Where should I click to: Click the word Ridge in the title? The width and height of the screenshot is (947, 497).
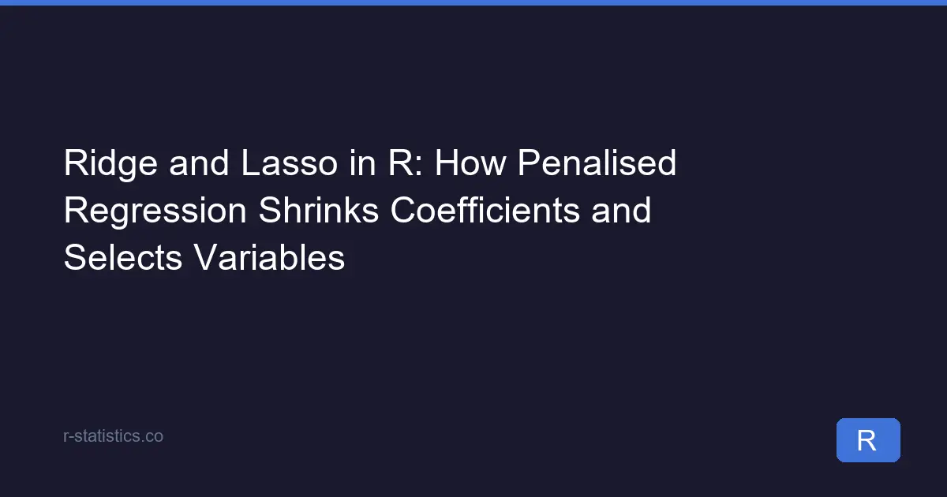(110, 164)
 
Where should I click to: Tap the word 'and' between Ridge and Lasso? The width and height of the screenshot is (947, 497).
(199, 163)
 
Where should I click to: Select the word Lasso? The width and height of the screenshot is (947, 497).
(290, 163)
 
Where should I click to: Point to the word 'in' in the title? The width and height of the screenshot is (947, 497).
(363, 163)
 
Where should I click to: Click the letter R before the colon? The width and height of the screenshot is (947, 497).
(400, 163)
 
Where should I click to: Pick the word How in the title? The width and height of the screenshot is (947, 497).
(470, 163)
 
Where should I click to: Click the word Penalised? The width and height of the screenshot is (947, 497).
(597, 163)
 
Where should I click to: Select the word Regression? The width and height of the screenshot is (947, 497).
(155, 211)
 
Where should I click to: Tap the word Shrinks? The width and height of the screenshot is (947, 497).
(318, 210)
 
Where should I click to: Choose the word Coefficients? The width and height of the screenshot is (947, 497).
(485, 210)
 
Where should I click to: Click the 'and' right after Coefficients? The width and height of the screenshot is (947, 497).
(621, 210)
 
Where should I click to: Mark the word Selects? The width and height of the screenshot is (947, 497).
(123, 257)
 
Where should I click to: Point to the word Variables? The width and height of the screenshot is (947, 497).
(269, 257)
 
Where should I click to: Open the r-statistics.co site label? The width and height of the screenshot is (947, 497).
(113, 436)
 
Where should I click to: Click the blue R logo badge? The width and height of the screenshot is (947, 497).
(868, 440)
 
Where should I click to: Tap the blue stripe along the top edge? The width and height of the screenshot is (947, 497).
(473, 2)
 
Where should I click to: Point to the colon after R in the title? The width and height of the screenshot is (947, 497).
(418, 166)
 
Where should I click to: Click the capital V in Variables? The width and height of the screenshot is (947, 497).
(207, 257)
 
